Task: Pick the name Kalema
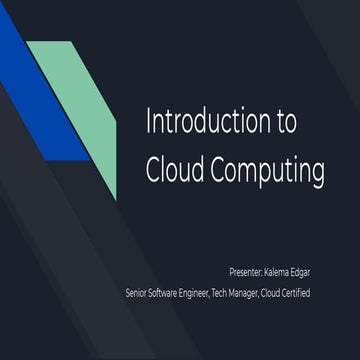coord(289,271)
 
